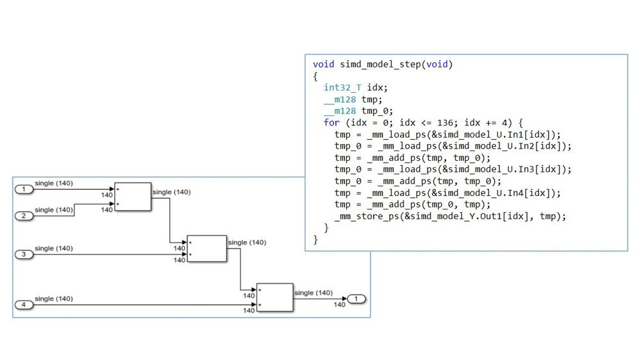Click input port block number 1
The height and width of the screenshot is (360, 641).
coord(24,189)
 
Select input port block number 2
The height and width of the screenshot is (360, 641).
coord(24,216)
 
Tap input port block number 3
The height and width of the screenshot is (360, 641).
coord(24,254)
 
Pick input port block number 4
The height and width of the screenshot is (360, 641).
coord(24,305)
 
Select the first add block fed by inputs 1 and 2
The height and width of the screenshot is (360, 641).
coord(133,197)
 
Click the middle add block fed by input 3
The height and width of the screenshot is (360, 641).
coord(207,248)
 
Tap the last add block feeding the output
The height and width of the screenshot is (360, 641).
coord(274,297)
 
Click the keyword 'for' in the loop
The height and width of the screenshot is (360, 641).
coord(331,122)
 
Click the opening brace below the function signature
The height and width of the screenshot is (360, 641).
coord(315,76)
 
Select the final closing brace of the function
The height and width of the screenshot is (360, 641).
coord(315,240)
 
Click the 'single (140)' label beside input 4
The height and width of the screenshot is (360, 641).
coord(54,299)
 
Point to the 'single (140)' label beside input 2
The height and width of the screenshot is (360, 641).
coord(54,209)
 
